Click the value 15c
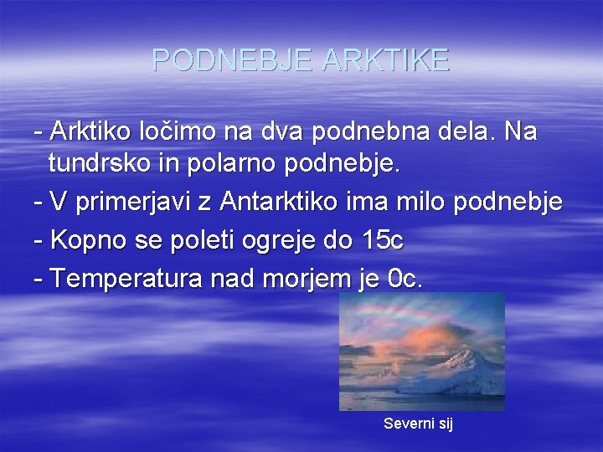[x=384, y=241]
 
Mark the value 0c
[x=407, y=279]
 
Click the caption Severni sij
[x=418, y=424]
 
